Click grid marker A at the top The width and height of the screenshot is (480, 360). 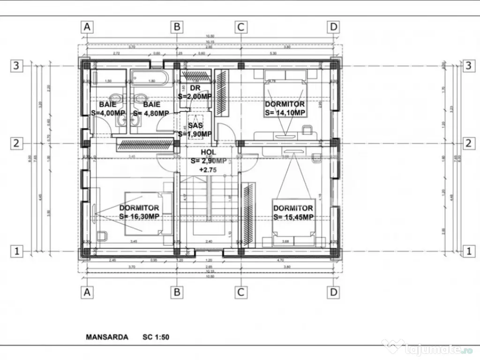click(86, 27)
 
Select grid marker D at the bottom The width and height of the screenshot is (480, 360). click(333, 292)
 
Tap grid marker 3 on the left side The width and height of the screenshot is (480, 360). click(16, 66)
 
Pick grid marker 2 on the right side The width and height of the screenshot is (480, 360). click(468, 143)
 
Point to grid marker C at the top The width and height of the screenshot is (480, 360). click(240, 27)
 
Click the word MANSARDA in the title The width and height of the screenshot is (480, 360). click(107, 337)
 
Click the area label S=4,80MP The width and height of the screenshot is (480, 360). click(151, 113)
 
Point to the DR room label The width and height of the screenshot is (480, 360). click(195, 88)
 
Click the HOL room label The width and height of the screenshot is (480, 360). click(209, 152)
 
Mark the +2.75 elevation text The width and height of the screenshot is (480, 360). click(208, 170)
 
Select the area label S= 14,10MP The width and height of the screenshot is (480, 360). click(285, 112)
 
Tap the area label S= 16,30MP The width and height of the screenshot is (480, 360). click(139, 216)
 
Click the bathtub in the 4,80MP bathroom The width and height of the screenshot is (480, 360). click(149, 78)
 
